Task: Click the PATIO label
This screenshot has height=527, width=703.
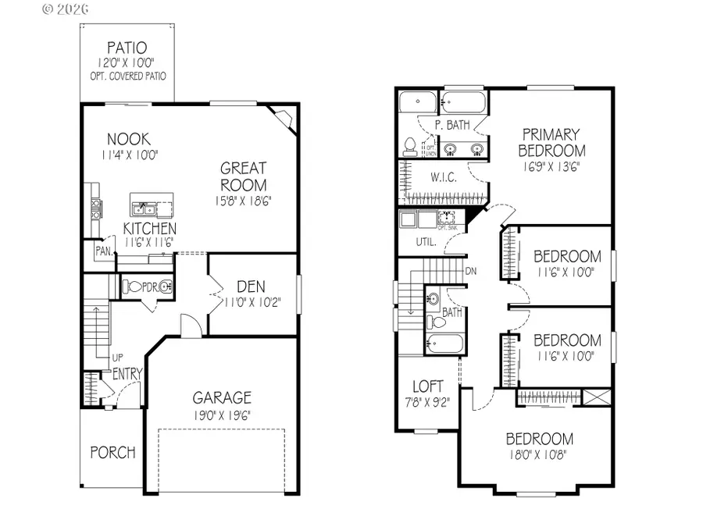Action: pyautogui.click(x=127, y=48)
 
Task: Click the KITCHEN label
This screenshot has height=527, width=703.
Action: pyautogui.click(x=149, y=229)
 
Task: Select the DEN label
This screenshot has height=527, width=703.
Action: pyautogui.click(x=252, y=286)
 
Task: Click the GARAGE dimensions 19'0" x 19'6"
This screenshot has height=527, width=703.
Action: pyautogui.click(x=222, y=414)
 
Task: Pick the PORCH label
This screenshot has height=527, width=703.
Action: pyautogui.click(x=112, y=452)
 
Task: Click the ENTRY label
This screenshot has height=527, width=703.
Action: pyautogui.click(x=127, y=375)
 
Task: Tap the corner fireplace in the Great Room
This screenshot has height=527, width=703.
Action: pyautogui.click(x=281, y=119)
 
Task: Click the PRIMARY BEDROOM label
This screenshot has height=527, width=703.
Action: pyautogui.click(x=551, y=142)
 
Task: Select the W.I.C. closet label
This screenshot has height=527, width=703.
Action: pyautogui.click(x=427, y=178)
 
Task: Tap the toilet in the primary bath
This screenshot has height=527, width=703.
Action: pyautogui.click(x=410, y=145)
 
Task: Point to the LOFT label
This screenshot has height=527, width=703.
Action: pyautogui.click(x=427, y=386)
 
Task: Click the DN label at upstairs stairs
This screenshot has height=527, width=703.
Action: pyautogui.click(x=470, y=271)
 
